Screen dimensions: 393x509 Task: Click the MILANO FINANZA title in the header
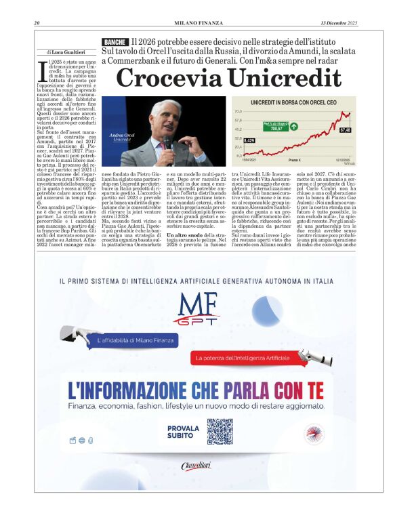coord(196,24)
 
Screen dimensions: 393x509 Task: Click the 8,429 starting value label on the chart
coord(249,140)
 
